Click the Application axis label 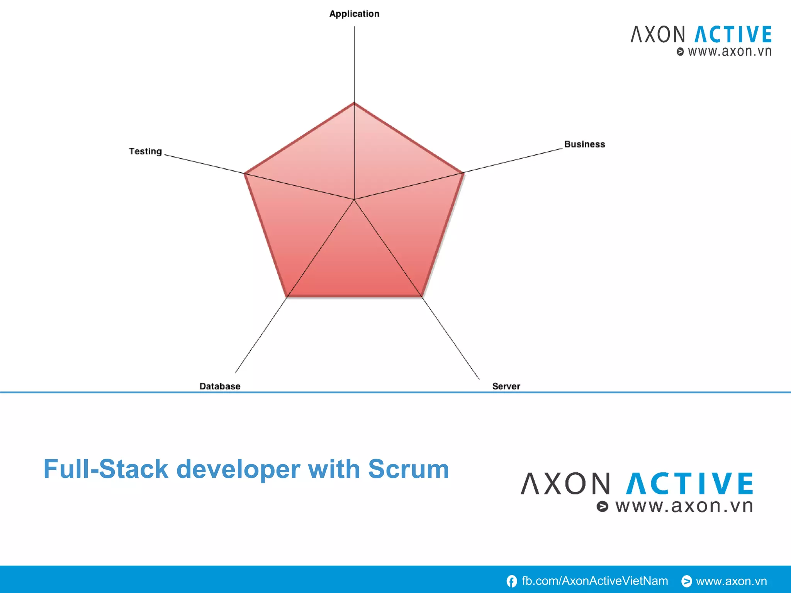pos(354,14)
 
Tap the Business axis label pos(584,144)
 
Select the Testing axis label pos(145,151)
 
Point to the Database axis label pos(220,386)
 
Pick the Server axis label pos(506,386)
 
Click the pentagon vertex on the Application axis pos(354,103)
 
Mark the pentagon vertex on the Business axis pos(463,173)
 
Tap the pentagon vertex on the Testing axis pos(245,173)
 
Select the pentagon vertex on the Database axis pos(287,297)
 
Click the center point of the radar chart pos(354,200)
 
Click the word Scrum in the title pos(408,469)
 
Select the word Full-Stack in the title pos(106,469)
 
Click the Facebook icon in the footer pos(512,581)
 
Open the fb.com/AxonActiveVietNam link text pos(595,581)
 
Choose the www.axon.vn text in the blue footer pos(731,581)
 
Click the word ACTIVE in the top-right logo pos(733,34)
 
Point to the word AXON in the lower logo pos(565,483)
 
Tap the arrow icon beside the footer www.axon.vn pos(686,581)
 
